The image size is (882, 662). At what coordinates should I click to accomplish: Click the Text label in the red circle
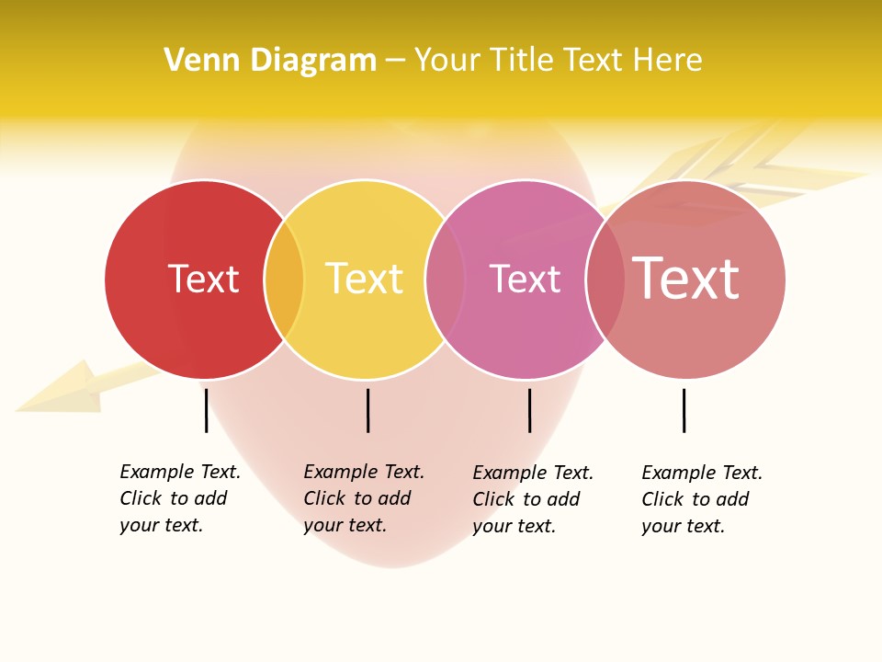click(x=203, y=280)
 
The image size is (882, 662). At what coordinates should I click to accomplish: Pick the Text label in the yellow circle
click(x=365, y=280)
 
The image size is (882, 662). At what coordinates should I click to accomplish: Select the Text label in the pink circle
click(x=525, y=280)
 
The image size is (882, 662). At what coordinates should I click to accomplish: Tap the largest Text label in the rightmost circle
click(x=686, y=279)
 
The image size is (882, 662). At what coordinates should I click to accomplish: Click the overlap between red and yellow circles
click(x=284, y=280)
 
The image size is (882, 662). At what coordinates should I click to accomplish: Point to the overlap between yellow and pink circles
click(x=446, y=280)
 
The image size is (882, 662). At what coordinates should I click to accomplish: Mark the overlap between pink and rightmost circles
click(x=605, y=280)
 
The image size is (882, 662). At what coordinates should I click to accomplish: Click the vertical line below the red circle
click(x=206, y=410)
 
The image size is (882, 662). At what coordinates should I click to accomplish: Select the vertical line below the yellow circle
click(x=367, y=410)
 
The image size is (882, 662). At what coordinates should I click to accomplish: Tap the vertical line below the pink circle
click(x=529, y=410)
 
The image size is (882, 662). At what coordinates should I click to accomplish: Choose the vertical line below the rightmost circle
click(x=684, y=410)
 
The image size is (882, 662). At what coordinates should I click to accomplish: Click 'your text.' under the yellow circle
click(x=345, y=525)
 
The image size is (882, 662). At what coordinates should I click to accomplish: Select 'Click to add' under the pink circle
click(x=526, y=499)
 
